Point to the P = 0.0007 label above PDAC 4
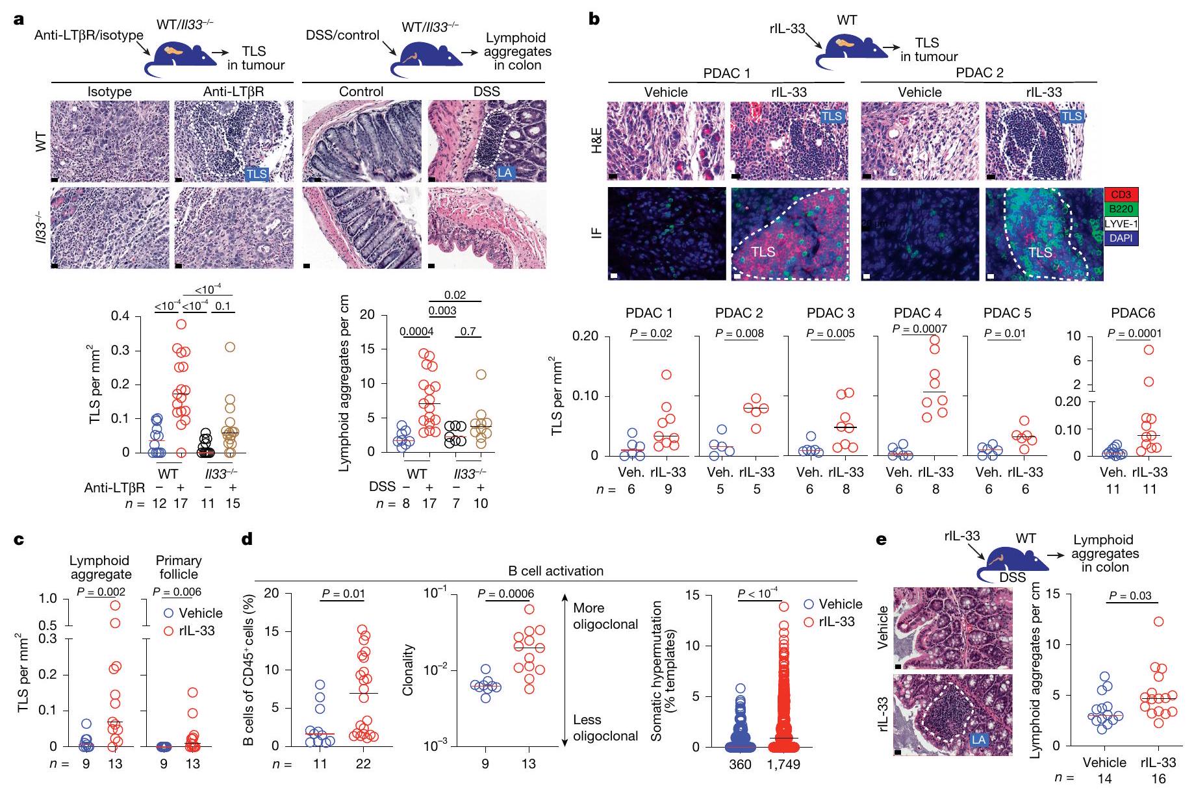coord(919,329)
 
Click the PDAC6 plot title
coord(1132,313)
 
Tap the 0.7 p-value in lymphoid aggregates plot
coord(468,331)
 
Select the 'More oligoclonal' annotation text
coord(605,616)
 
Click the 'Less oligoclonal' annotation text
coord(605,727)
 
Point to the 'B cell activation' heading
coord(556,572)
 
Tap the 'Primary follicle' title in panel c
coord(179,567)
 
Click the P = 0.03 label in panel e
coord(1130,596)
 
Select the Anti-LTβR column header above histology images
coord(233,92)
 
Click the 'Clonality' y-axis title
coord(408,670)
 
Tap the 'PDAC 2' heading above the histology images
coord(979,73)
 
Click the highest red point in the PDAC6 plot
coord(1149,349)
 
